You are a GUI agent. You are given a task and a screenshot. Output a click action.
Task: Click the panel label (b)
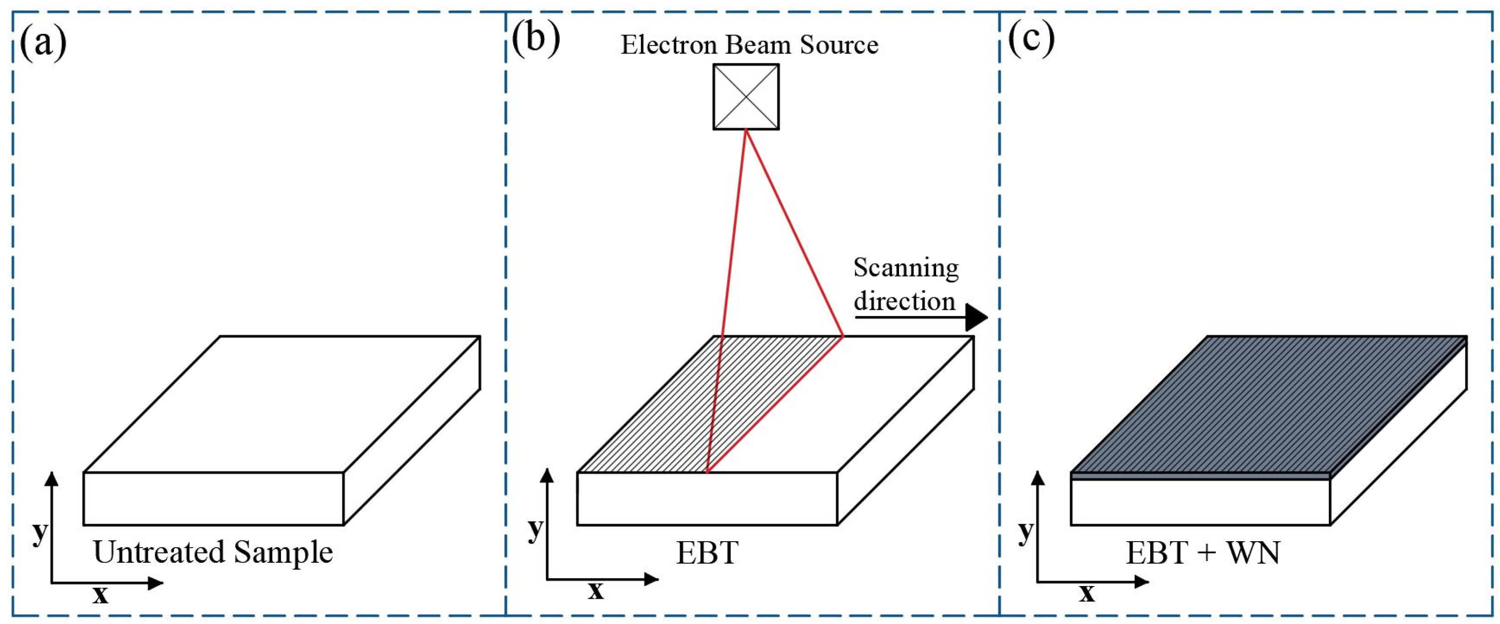tap(536, 40)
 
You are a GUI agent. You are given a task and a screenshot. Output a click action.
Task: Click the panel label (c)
tap(1031, 40)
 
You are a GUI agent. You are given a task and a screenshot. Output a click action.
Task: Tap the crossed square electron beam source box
tap(746, 97)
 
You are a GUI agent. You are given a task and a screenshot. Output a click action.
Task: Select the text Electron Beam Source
tap(749, 45)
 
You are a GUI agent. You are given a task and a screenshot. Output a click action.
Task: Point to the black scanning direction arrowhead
tap(976, 317)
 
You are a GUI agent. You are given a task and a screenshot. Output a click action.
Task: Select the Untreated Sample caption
tap(213, 552)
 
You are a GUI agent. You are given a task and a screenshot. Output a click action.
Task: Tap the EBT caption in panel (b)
tap(707, 552)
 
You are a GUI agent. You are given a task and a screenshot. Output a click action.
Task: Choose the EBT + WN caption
tap(1203, 552)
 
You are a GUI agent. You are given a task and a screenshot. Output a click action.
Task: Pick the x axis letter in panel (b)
tap(595, 591)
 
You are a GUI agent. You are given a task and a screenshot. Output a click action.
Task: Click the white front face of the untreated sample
tap(213, 498)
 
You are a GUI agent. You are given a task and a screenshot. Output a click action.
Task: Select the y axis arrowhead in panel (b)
tap(547, 476)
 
